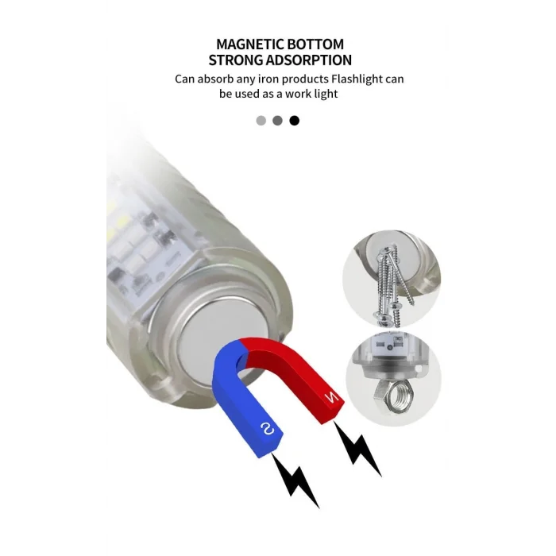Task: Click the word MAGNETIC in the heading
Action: (x=249, y=44)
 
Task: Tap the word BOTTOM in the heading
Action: (x=315, y=44)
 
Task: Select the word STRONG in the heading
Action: (x=235, y=60)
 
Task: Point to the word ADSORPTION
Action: (x=309, y=60)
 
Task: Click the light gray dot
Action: (x=261, y=121)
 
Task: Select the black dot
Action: (x=295, y=121)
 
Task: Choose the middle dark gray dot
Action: (x=278, y=121)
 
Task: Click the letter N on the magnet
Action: (x=332, y=398)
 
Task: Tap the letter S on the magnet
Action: (x=268, y=429)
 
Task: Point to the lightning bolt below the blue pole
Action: (x=295, y=480)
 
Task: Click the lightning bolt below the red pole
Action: (x=357, y=448)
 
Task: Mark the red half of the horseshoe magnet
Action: (x=295, y=376)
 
